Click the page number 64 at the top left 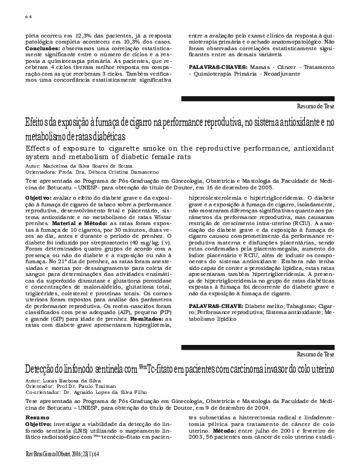(28, 18)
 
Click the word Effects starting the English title (38, 148)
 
